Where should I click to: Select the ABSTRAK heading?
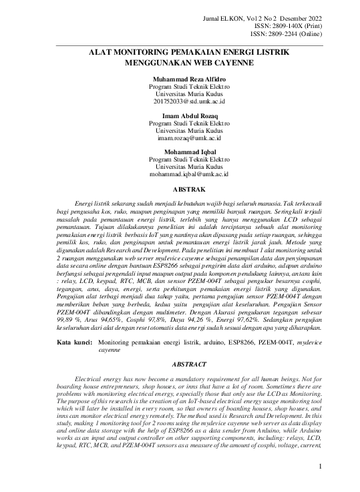coord(179,190)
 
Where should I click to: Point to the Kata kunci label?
coord(74,342)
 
